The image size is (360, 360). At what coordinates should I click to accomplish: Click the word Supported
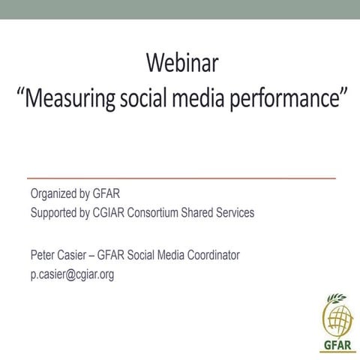coord(55,212)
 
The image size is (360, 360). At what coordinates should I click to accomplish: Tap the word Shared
coord(204,212)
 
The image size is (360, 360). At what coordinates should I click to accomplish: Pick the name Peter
coord(43,255)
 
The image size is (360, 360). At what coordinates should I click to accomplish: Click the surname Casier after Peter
coord(76,255)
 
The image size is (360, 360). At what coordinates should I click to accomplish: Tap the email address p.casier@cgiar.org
coord(72,274)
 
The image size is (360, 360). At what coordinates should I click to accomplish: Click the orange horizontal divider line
coord(181,178)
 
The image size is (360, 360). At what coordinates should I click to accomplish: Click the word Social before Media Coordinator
coord(146,255)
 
